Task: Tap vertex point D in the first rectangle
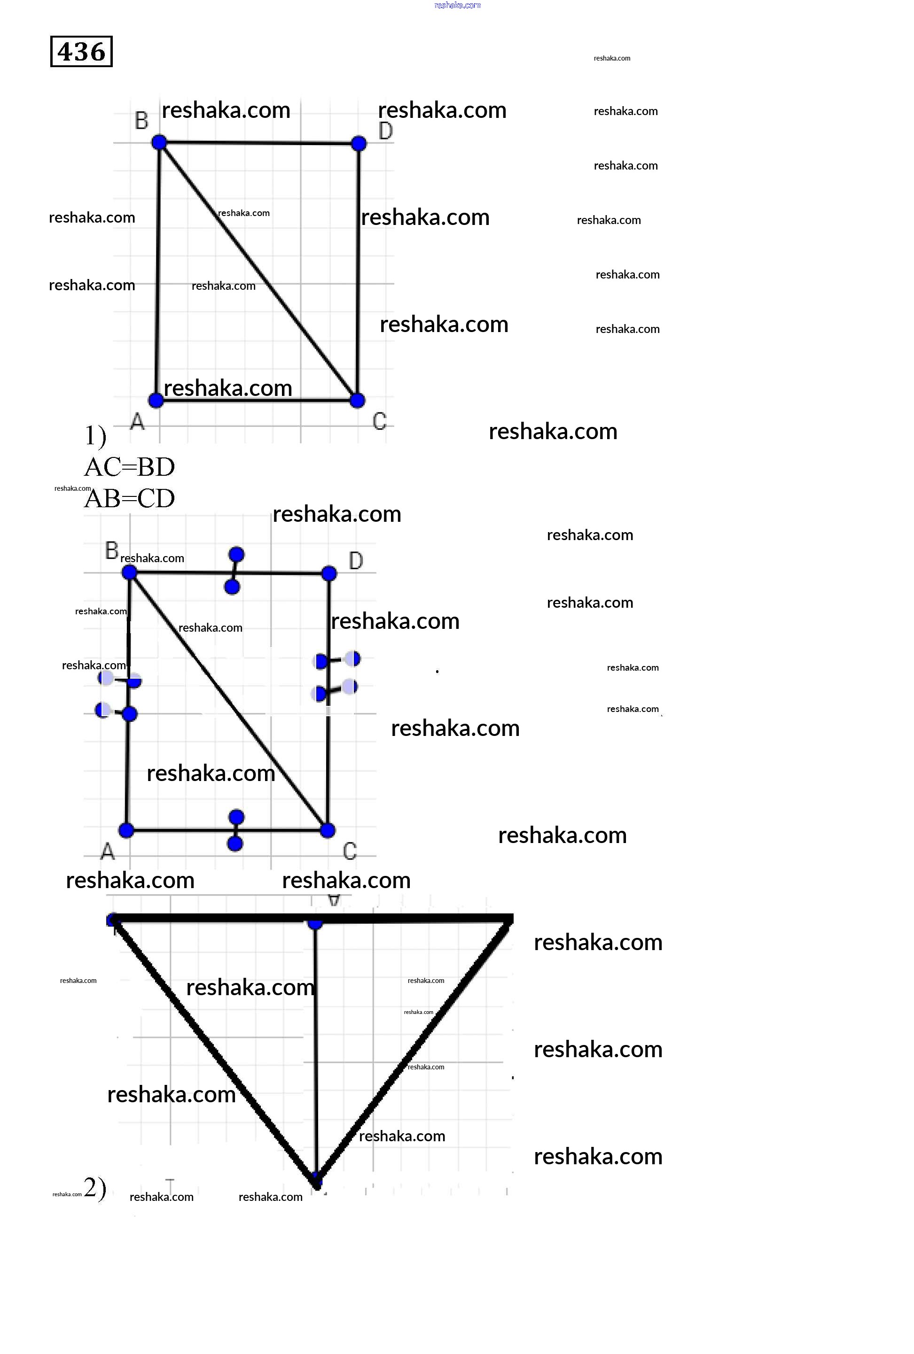tap(359, 143)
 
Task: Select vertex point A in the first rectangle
tap(156, 400)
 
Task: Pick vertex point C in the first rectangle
tap(357, 400)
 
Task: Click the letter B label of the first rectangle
tap(141, 121)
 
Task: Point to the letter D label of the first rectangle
tap(385, 131)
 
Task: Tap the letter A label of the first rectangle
tap(137, 421)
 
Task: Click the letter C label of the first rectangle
tap(380, 421)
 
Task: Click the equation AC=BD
tap(129, 467)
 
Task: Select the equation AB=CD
tap(129, 499)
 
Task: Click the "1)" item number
tap(95, 436)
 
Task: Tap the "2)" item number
tap(95, 1189)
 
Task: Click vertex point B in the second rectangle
tap(129, 573)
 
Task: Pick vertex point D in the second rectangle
tap(329, 573)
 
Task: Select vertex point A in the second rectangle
tap(126, 830)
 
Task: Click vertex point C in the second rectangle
tap(328, 830)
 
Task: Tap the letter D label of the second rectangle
tap(356, 560)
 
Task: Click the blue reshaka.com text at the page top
tap(458, 5)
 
